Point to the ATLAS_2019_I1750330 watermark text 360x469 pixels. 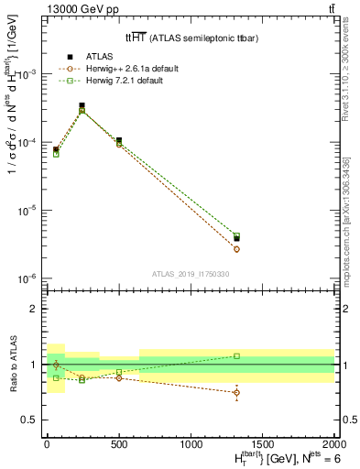pos(191,273)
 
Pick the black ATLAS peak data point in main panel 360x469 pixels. pos(82,106)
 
